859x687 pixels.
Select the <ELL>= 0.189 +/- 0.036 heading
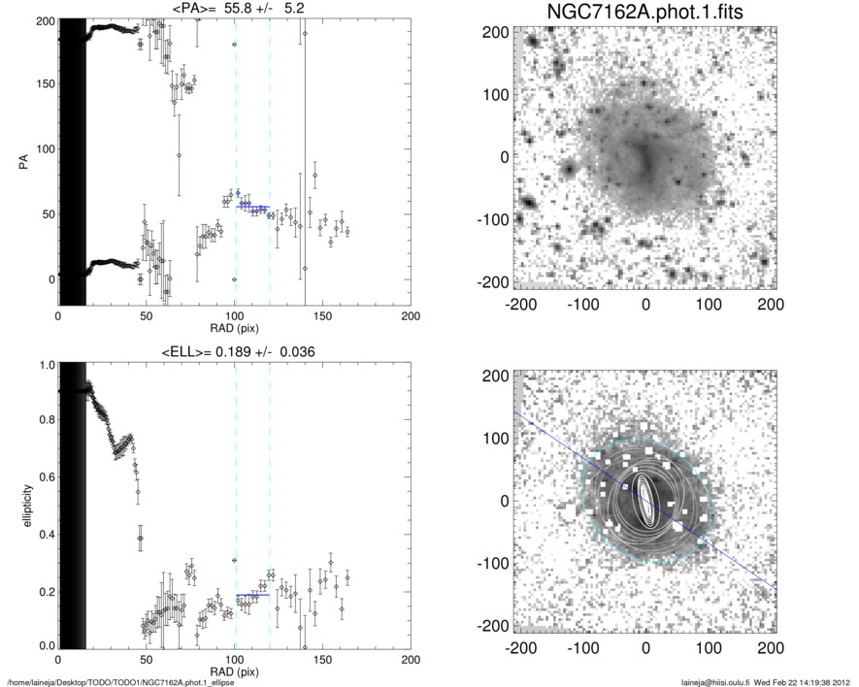(x=234, y=351)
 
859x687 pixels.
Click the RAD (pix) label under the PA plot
(x=234, y=328)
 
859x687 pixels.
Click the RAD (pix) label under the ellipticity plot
(x=234, y=671)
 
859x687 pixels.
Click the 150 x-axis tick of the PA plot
(x=322, y=315)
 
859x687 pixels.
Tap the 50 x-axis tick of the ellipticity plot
(x=146, y=658)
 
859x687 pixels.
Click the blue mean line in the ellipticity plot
(x=252, y=595)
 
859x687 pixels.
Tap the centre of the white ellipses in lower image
(x=645, y=501)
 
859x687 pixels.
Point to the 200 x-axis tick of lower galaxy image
(x=771, y=649)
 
